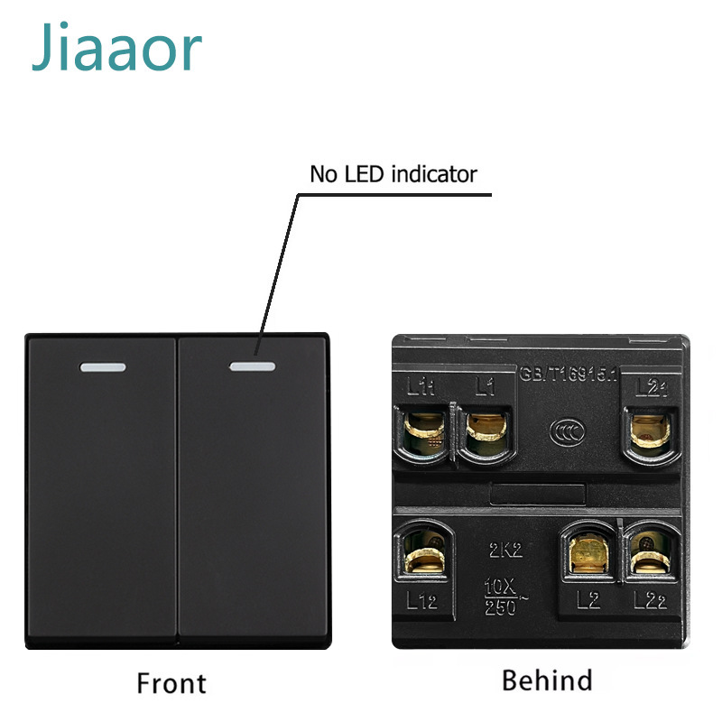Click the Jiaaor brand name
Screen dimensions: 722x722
coord(116,49)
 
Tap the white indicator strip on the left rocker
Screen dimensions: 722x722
coord(104,367)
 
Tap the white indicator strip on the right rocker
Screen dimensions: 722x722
coord(253,366)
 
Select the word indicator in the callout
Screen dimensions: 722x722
coord(433,173)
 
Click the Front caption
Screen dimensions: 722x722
coord(171,682)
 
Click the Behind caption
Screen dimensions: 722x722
coord(547,680)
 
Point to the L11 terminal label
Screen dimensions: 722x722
coord(421,389)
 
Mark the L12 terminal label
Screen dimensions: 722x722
coord(421,600)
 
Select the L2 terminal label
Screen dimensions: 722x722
coord(587,600)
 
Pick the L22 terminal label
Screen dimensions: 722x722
coord(650,600)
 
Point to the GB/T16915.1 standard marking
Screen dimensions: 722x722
coord(568,373)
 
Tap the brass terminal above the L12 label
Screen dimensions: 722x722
coord(421,553)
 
